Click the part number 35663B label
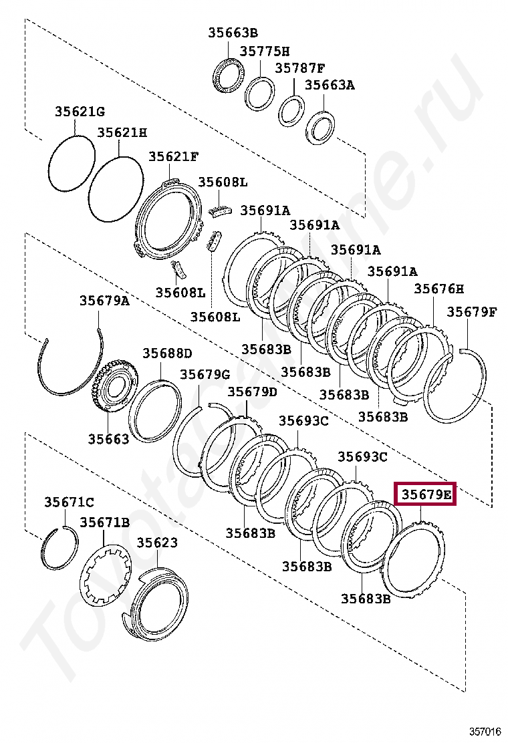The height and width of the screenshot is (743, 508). pos(233,33)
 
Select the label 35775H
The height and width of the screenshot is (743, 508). pos(265,51)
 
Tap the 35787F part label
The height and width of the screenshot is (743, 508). pos(300,67)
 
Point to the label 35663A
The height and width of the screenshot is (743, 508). pos(330,85)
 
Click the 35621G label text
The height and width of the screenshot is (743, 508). pos(80,112)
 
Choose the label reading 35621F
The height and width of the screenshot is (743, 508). pos(173,156)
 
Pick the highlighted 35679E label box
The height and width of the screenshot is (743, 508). pos(426,494)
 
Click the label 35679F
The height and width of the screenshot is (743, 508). pos(472,312)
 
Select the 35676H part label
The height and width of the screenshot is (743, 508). pos(438,289)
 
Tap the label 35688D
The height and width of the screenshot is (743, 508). pos(168,353)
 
